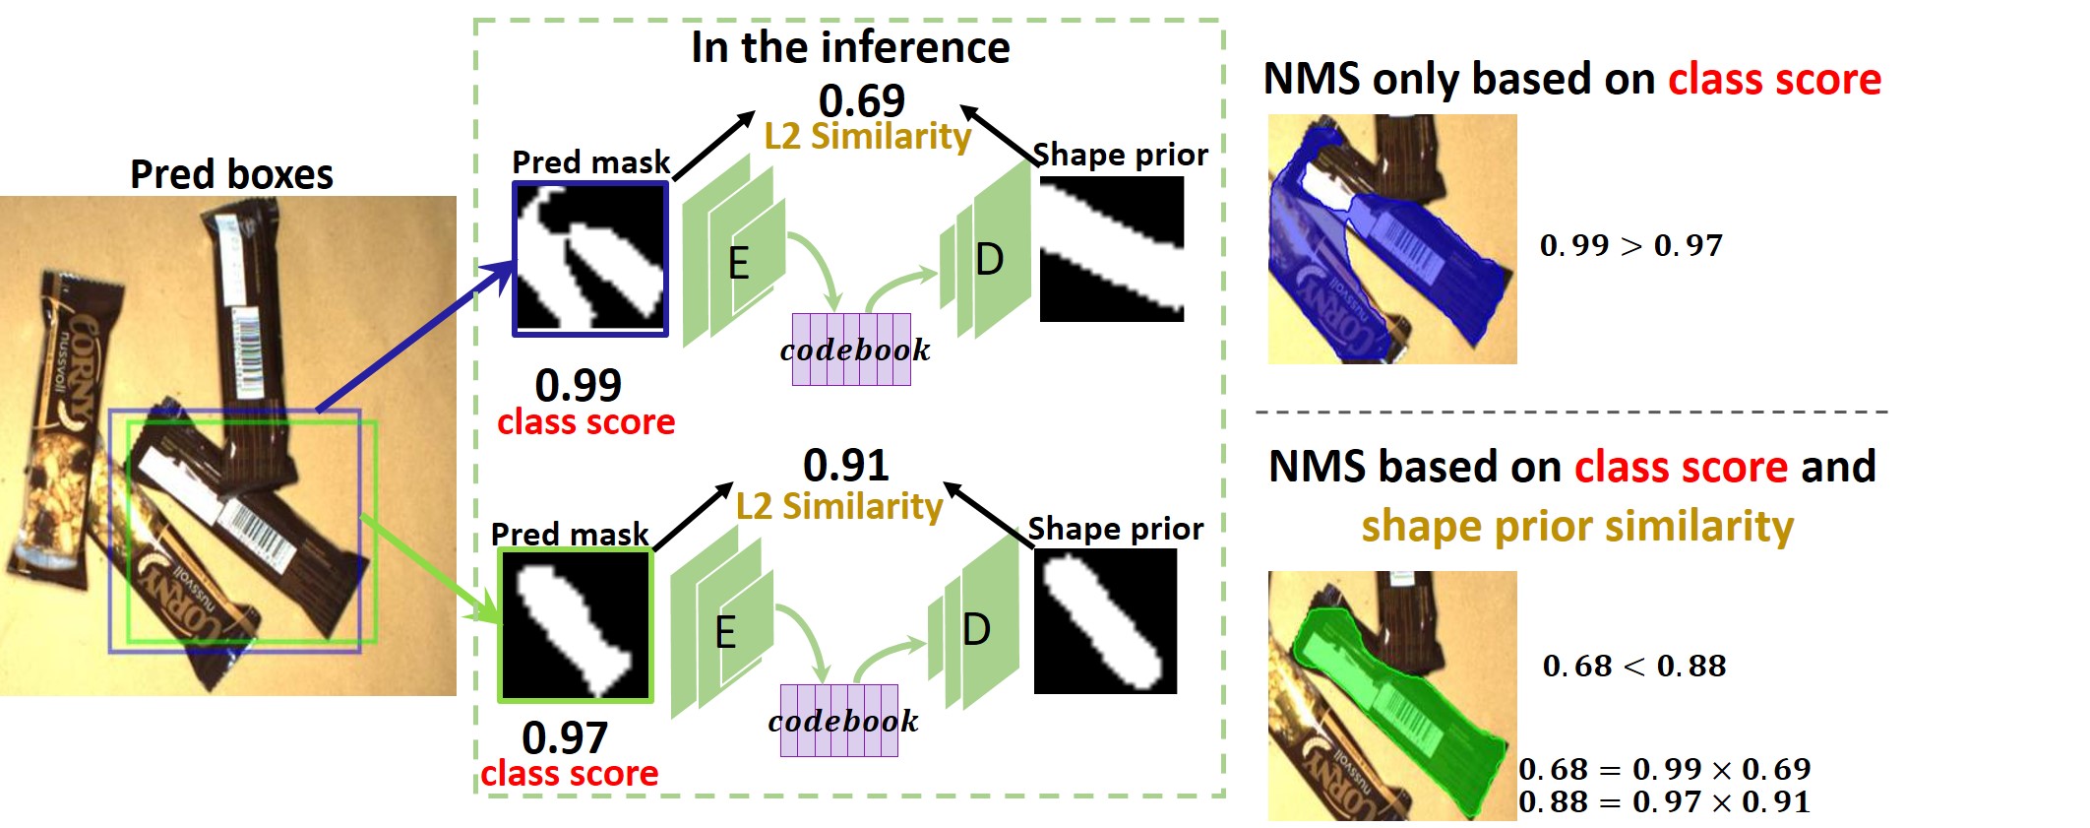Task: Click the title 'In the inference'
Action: (x=850, y=47)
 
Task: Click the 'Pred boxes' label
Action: (x=231, y=174)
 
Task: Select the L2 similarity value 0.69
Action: (x=861, y=100)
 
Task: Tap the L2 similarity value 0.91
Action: (x=845, y=465)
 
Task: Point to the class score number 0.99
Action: (x=578, y=385)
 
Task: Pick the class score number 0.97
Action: (x=565, y=737)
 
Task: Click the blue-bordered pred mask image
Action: (x=590, y=259)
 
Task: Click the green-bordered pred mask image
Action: (x=576, y=625)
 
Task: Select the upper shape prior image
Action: (x=1112, y=249)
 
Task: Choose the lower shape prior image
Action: (x=1105, y=620)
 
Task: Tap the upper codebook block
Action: (x=851, y=350)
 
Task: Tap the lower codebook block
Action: (x=839, y=721)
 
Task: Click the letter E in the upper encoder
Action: (x=738, y=264)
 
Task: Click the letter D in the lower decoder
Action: (x=976, y=629)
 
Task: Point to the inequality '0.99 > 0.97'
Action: (x=1630, y=245)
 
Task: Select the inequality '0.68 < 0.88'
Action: (x=1633, y=667)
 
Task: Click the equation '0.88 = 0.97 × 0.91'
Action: (x=1664, y=801)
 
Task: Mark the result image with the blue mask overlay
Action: (x=1391, y=239)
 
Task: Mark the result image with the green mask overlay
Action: (x=1391, y=695)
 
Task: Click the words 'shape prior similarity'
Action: (x=1576, y=526)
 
